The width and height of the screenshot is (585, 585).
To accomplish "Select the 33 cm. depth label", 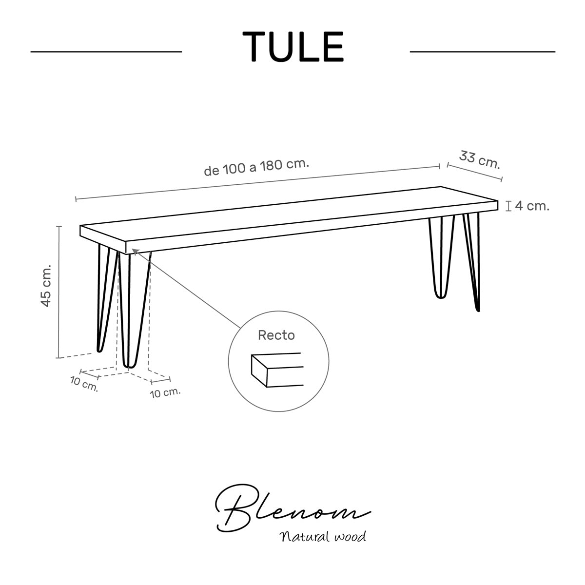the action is [479, 159].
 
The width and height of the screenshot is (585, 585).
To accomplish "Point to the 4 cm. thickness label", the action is [532, 206].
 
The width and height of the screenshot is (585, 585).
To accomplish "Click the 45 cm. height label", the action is [46, 286].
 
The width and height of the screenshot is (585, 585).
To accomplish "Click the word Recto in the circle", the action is [276, 335].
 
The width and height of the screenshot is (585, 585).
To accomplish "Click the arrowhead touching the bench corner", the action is [135, 251].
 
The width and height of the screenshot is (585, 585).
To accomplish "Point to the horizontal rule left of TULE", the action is [106, 52].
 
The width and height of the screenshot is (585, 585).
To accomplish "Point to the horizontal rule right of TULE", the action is [483, 52].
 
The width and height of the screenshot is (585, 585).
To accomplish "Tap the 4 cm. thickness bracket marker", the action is [509, 206].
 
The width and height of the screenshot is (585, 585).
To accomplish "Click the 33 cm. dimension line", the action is [474, 172].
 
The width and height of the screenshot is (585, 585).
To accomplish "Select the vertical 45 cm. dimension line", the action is [59, 292].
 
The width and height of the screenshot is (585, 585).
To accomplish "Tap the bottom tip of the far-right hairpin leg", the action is [478, 310].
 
